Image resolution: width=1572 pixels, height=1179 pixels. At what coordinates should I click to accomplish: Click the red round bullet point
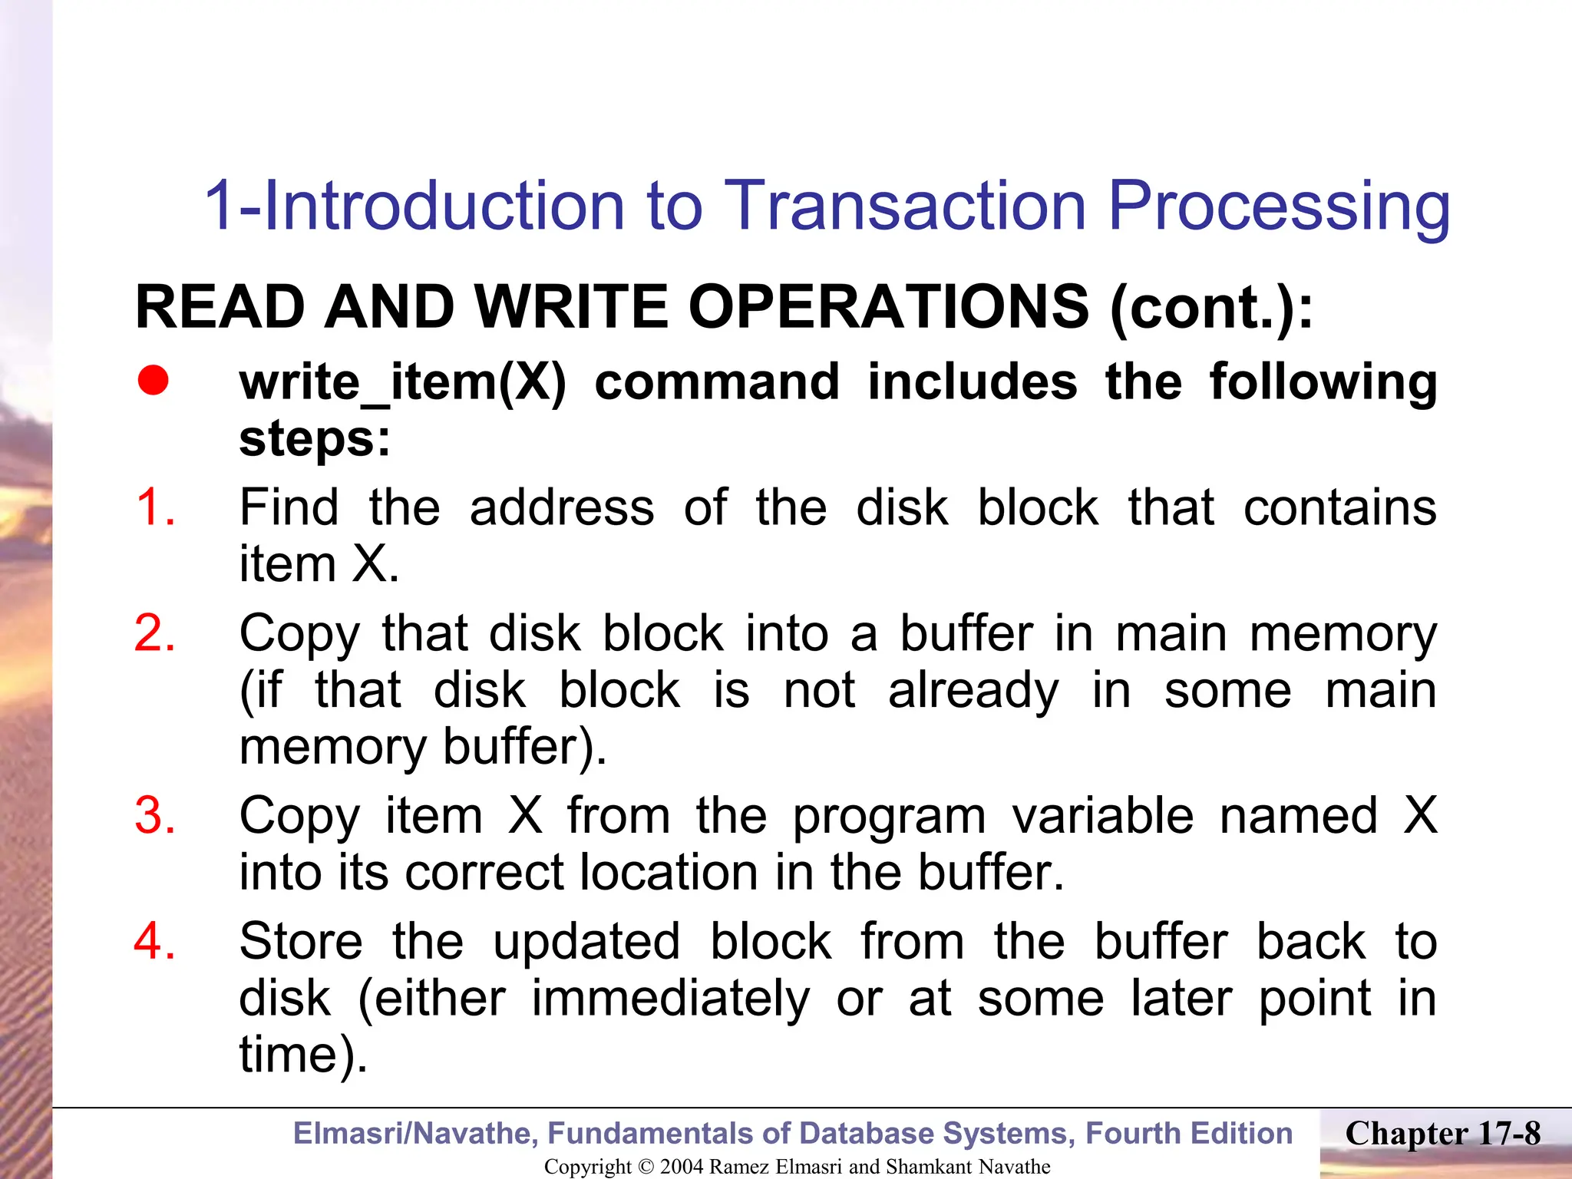click(x=154, y=381)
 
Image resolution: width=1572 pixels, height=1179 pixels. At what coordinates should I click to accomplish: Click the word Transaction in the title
click(x=905, y=206)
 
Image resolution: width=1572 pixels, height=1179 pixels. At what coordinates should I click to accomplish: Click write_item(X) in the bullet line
click(x=402, y=382)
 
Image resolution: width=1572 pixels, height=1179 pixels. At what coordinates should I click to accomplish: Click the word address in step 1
click(x=562, y=508)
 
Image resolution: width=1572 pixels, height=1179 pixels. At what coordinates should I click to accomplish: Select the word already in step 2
click(x=973, y=691)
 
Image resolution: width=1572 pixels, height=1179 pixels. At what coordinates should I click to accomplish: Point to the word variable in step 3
click(x=1102, y=815)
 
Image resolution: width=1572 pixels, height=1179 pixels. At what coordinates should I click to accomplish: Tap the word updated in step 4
click(x=586, y=941)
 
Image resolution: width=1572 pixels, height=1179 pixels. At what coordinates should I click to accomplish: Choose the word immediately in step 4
click(x=670, y=999)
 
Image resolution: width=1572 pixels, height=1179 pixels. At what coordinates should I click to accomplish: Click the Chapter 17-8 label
click(x=1442, y=1134)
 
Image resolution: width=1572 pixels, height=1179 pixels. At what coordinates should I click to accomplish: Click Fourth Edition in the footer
click(x=1189, y=1134)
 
